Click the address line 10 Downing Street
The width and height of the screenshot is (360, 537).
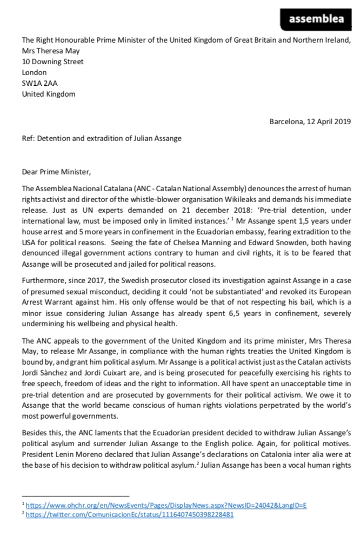click(52, 62)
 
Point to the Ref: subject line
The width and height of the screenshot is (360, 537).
click(101, 138)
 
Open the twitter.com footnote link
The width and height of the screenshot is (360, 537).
click(130, 515)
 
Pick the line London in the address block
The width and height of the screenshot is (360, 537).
click(34, 72)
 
